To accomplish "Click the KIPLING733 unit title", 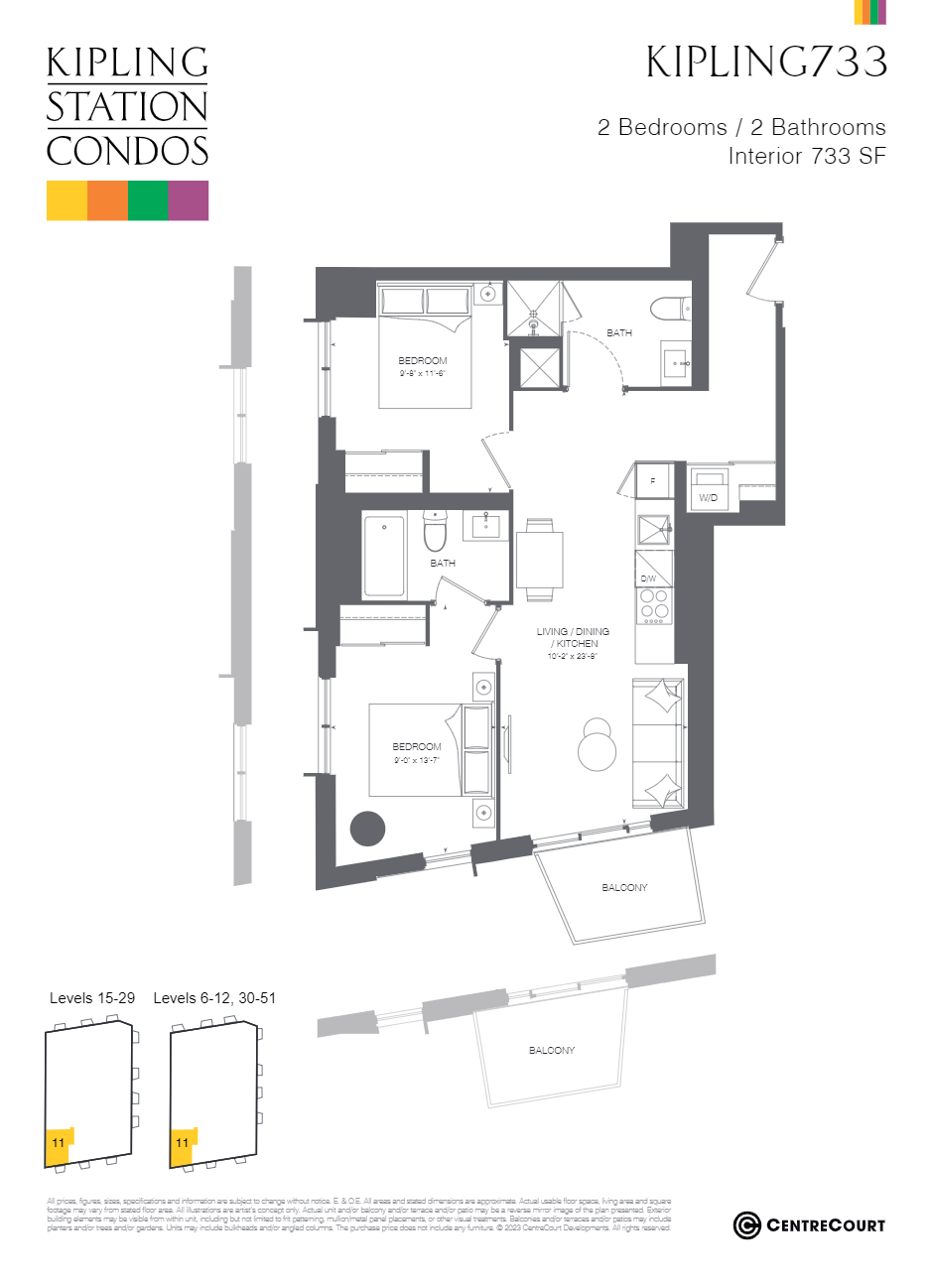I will coord(766,62).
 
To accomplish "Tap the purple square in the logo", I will coord(189,199).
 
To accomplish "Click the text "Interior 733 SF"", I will coord(806,156).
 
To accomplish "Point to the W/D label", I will coord(708,498).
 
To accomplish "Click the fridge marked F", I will coord(653,481).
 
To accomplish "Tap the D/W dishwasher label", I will coord(648,579).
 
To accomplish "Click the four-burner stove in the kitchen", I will coord(654,604).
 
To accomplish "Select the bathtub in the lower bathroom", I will coord(384,556).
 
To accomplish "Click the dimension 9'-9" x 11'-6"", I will coord(423,373).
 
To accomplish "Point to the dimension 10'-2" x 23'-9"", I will coord(573,656).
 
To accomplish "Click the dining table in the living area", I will coord(539,560).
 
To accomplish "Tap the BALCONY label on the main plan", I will coord(624,887).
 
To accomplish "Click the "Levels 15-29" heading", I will coord(92,998).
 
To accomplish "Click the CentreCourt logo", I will coord(809,1225).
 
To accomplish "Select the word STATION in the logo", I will coord(127,107).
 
